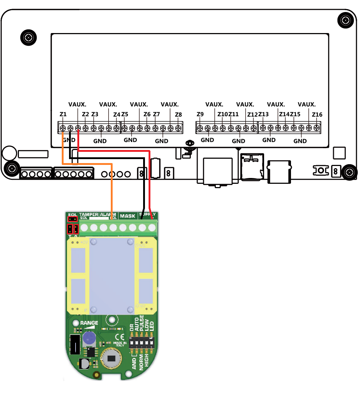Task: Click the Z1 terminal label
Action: coord(63,114)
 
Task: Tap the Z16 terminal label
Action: coord(317,115)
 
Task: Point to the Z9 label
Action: coord(200,114)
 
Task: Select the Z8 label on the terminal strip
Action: coord(178,114)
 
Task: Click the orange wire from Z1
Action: coord(111,189)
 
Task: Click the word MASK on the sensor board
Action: coord(128,216)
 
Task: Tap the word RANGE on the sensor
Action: coord(89,323)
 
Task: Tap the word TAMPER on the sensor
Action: coord(89,215)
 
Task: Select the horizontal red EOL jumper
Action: coord(73,219)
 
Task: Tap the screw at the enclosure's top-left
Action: coord(28,37)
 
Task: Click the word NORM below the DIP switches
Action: coord(141,361)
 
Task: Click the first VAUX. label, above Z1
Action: coord(77,104)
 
